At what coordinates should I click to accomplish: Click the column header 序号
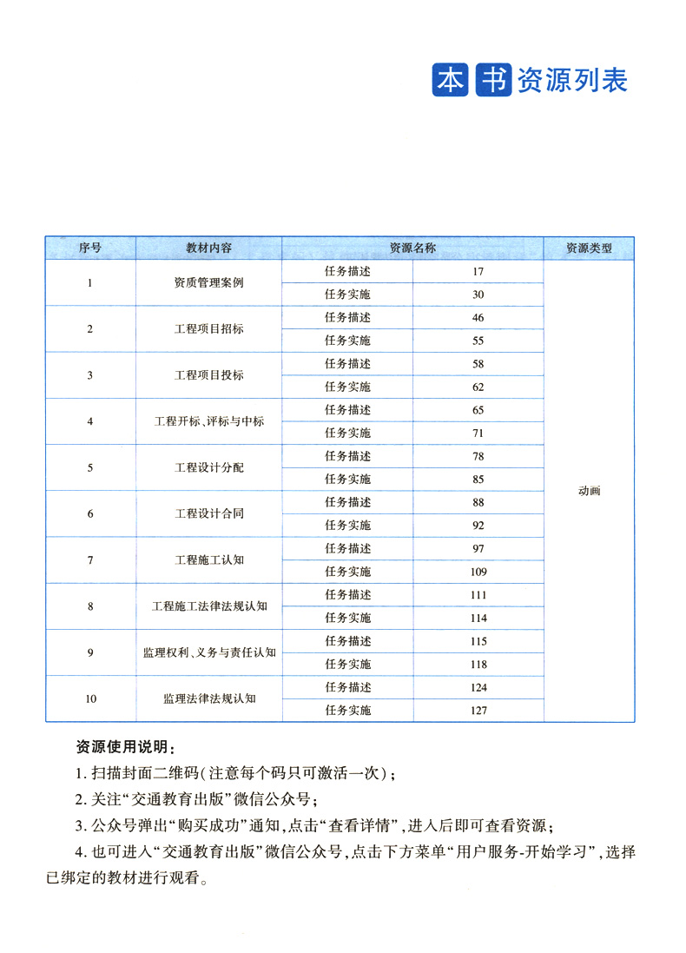click(x=90, y=248)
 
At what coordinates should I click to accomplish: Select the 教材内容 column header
click(x=208, y=248)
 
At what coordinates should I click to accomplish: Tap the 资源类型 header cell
click(x=589, y=248)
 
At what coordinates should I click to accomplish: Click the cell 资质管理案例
click(x=208, y=282)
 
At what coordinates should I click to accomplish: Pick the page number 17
click(x=478, y=271)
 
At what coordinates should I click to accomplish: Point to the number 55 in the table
click(x=478, y=341)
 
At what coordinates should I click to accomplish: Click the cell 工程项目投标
click(x=208, y=375)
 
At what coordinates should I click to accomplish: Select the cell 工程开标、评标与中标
click(x=208, y=421)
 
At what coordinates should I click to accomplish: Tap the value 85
click(x=478, y=479)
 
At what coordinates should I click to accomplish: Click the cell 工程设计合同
click(x=208, y=513)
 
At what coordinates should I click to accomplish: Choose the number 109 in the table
click(x=478, y=572)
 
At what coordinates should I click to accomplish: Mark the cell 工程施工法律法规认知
click(x=208, y=606)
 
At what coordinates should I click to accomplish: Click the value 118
click(x=478, y=664)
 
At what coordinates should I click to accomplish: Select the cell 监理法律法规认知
click(x=208, y=698)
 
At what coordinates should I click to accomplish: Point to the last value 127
click(x=478, y=711)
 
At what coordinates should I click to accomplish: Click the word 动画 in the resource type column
click(x=589, y=491)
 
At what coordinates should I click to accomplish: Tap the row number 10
click(x=90, y=698)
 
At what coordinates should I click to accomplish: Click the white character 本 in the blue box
click(x=450, y=80)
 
